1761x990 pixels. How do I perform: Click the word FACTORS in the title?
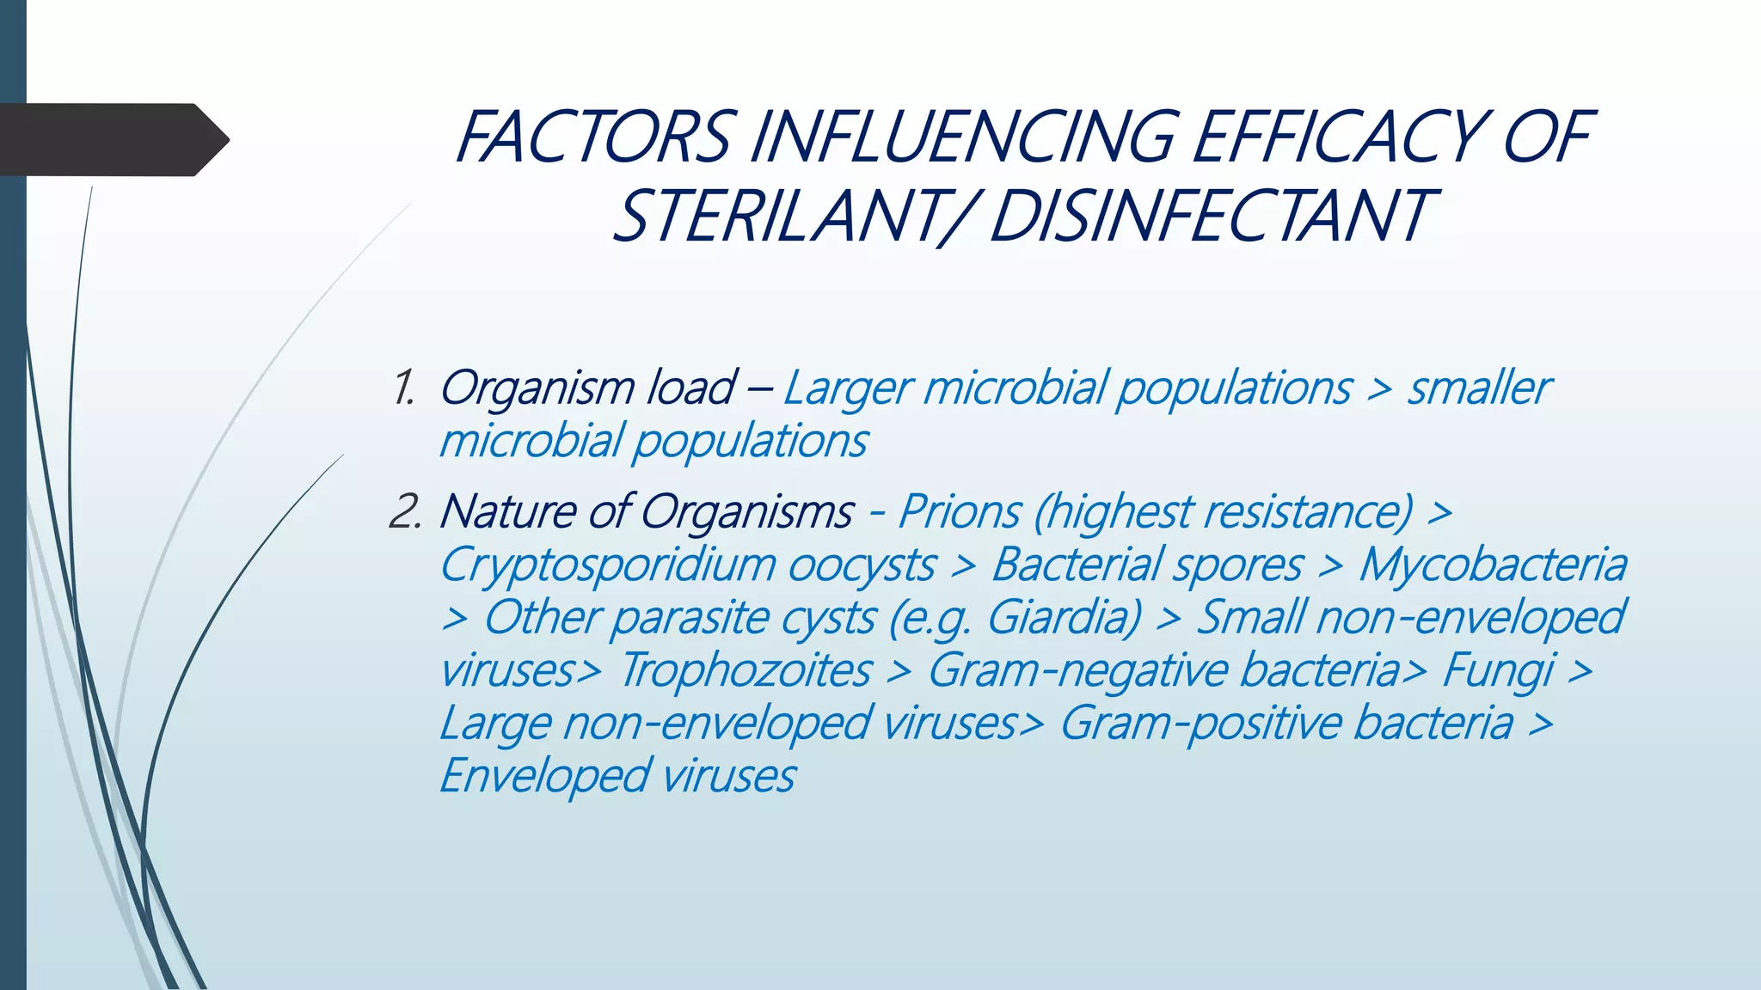pos(593,137)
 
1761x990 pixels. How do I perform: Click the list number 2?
pos(404,512)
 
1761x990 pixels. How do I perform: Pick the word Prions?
pos(959,512)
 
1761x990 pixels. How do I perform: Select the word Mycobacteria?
pos(1492,565)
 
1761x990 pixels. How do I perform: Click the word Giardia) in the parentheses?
pos(1064,618)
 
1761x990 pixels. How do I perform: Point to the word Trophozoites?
pos(745,670)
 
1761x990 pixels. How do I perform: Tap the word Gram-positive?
pos(1200,723)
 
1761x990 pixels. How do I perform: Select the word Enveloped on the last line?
pos(543,776)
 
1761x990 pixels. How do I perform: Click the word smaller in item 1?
pos(1478,388)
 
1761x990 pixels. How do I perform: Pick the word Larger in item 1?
pos(847,388)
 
